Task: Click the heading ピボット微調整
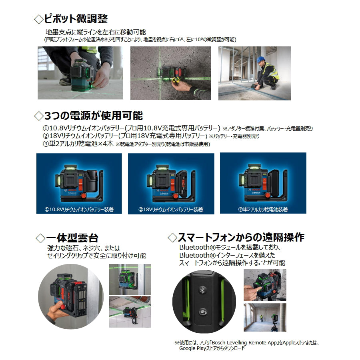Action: click(76, 18)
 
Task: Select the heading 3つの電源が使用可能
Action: click(93, 116)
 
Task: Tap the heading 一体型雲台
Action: click(72, 238)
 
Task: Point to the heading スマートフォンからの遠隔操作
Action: click(241, 237)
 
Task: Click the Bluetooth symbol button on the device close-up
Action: click(202, 290)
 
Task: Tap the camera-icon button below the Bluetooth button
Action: click(203, 312)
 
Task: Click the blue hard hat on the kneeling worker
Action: click(260, 59)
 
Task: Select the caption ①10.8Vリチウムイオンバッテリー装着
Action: click(79, 209)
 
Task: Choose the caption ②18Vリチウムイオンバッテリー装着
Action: click(170, 209)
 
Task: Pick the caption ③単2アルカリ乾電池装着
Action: click(263, 209)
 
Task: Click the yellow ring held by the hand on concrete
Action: click(176, 80)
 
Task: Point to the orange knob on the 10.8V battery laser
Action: click(84, 196)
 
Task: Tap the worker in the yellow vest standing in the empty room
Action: click(261, 318)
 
